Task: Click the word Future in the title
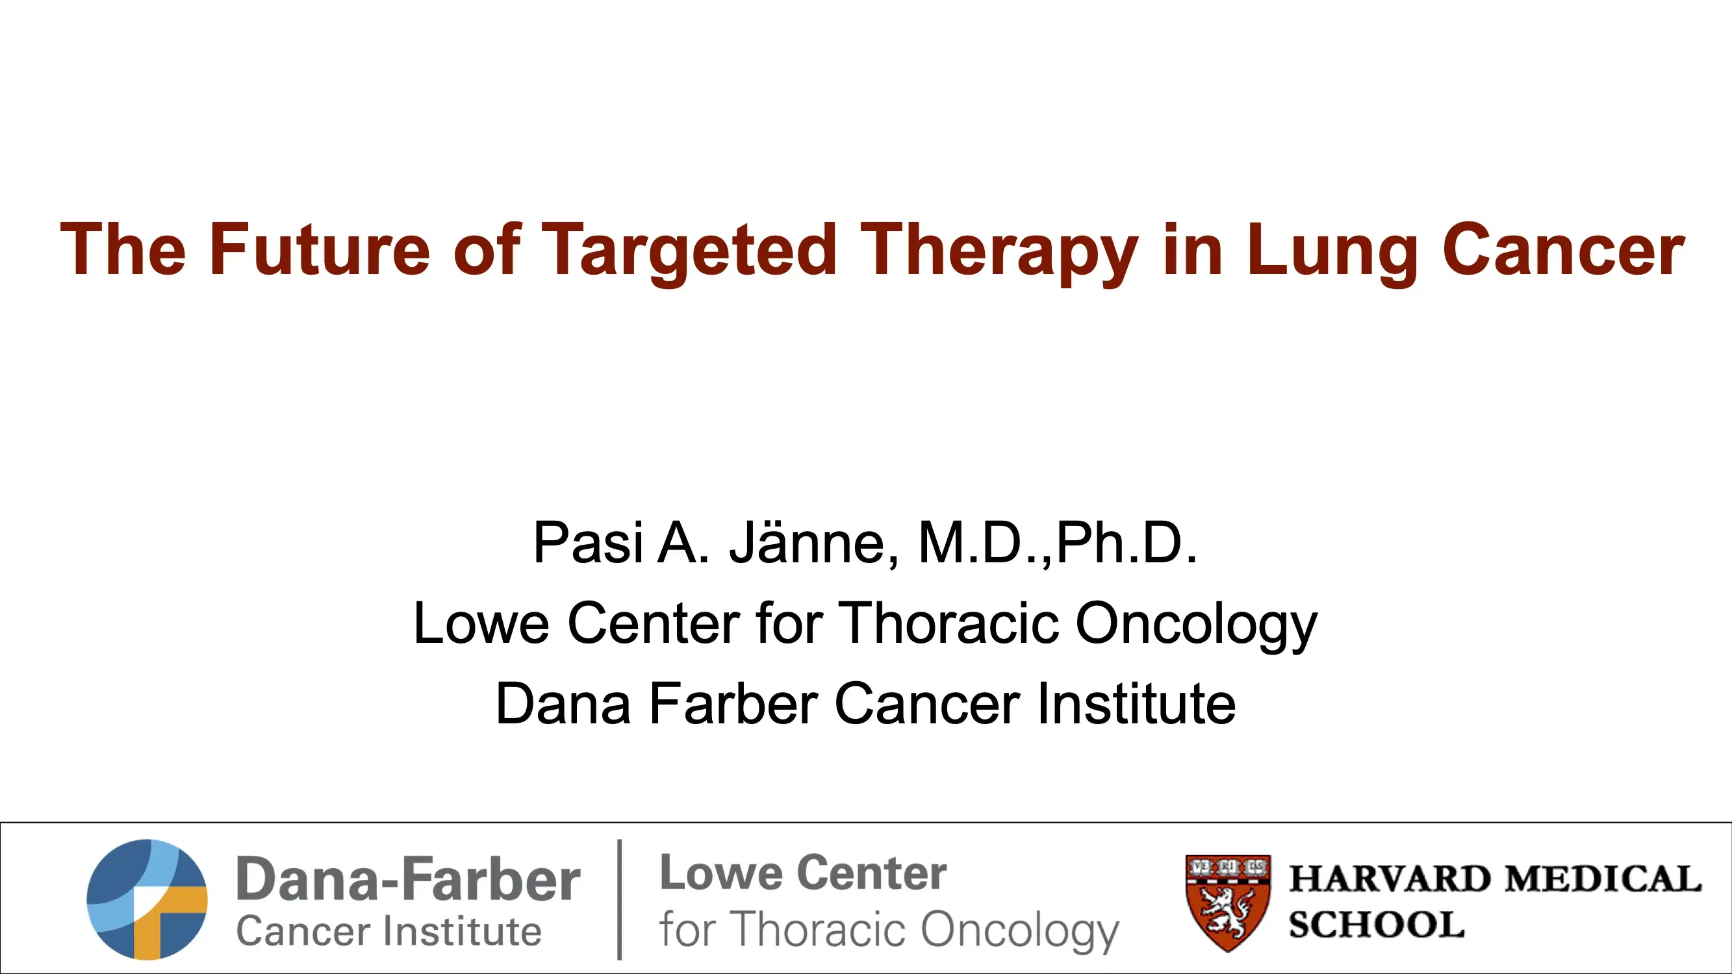coord(319,249)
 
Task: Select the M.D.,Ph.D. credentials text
coord(1058,542)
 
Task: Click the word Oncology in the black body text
coord(1197,625)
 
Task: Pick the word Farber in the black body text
coord(733,704)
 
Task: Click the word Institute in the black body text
coord(1136,704)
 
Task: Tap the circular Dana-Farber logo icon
coord(147,899)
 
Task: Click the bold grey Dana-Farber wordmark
coord(408,879)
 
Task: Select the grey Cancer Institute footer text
coord(388,931)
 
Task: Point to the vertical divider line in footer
coord(619,899)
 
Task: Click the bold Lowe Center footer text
coord(804,873)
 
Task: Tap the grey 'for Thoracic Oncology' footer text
coord(889,930)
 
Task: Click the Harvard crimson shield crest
coord(1228,901)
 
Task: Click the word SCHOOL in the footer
coord(1377,924)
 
